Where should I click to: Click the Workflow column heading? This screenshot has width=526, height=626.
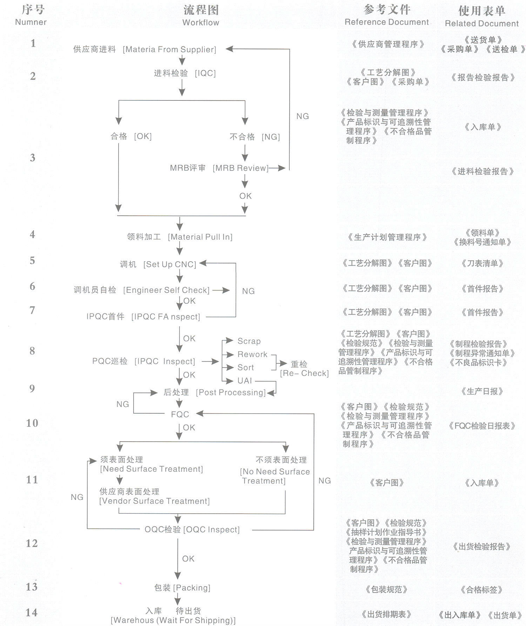(201, 22)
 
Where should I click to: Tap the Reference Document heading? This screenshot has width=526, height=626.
(386, 22)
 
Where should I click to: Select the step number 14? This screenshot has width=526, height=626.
(32, 613)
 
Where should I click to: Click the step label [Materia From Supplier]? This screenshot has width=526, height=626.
(169, 50)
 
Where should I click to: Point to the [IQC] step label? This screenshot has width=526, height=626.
(205, 73)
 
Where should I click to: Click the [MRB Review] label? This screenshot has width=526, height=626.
(241, 168)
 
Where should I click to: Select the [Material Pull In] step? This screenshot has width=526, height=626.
(200, 237)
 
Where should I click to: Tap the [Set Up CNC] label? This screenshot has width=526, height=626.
(170, 264)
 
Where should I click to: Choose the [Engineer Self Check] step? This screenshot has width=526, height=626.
(166, 290)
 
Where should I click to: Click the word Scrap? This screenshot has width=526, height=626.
(249, 341)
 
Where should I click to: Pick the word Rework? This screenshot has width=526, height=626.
(252, 355)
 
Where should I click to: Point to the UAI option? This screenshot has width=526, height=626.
(245, 381)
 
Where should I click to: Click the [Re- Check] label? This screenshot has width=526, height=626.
(304, 373)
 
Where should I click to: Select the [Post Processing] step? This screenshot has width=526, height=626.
(231, 393)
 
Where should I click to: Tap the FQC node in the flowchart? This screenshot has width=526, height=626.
(180, 415)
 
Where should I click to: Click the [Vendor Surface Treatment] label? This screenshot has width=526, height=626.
(155, 501)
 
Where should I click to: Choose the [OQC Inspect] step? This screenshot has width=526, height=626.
(211, 529)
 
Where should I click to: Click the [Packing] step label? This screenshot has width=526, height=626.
(192, 588)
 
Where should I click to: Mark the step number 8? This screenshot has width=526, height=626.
(32, 351)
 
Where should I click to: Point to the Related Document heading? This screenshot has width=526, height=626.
(481, 24)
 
